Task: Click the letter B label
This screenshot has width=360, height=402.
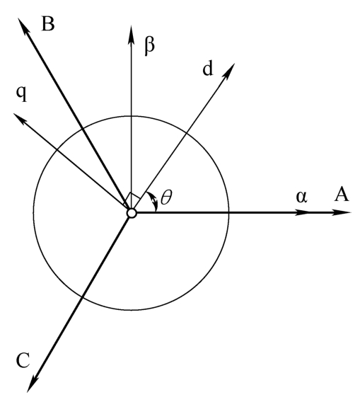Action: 48,25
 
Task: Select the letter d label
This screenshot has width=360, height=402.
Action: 208,69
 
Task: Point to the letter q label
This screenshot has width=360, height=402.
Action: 21,93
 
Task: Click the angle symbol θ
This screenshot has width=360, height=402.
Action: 167,197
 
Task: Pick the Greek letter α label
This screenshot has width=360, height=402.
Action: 301,197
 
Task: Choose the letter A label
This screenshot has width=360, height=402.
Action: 342,194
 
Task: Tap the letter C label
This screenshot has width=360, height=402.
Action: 23,360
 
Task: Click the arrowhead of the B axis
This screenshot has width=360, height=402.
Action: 23,25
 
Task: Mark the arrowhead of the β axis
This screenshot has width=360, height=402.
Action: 131,34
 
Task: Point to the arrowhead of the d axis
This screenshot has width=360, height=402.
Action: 228,71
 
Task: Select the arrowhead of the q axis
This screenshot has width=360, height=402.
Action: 18,119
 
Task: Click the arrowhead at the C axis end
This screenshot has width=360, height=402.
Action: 32,384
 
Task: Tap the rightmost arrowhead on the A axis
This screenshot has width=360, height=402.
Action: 342,212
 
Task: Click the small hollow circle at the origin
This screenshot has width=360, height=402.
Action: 132,213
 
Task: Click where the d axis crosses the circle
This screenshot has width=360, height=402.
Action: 187,133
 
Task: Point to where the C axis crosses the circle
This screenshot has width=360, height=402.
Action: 82,297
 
